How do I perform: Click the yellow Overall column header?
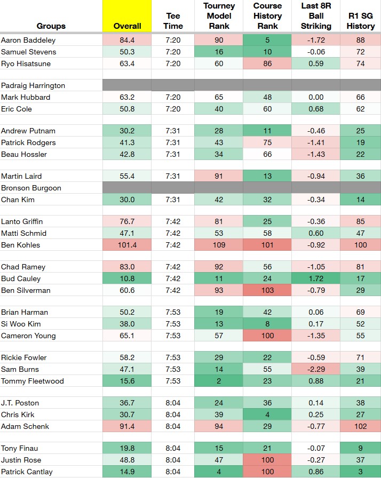point(127,16)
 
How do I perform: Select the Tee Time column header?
point(173,21)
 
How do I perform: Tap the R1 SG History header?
point(361,21)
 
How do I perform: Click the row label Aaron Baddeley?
point(28,40)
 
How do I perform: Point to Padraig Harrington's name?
point(33,85)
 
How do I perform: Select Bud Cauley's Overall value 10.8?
point(127,278)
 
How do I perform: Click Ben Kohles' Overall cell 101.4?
point(127,245)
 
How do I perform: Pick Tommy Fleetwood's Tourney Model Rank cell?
point(219,381)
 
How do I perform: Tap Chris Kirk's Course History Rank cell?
point(267,415)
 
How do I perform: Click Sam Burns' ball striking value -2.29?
point(316,369)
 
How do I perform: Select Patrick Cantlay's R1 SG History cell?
point(361,472)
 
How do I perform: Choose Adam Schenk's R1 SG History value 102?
point(361,426)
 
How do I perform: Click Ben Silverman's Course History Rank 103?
point(267,290)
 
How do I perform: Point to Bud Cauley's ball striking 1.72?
point(316,278)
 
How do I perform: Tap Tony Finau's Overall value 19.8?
point(127,448)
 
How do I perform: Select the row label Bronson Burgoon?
point(31,188)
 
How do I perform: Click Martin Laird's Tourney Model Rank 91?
point(219,176)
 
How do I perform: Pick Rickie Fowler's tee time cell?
point(173,357)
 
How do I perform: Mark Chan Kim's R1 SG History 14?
point(361,200)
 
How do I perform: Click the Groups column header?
point(51,26)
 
